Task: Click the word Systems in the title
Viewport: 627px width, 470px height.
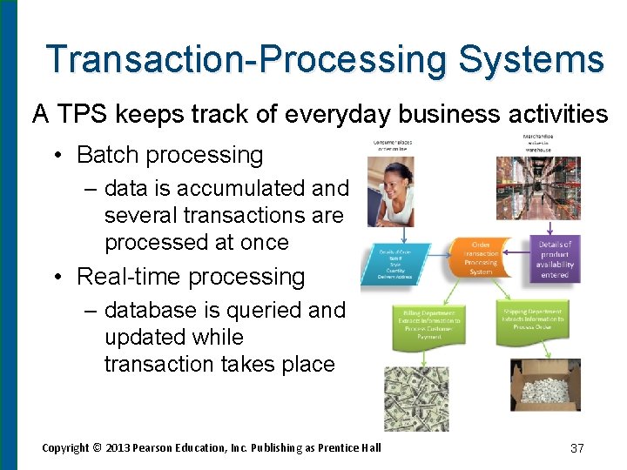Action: (x=530, y=59)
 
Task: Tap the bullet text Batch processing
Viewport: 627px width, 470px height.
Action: (x=170, y=155)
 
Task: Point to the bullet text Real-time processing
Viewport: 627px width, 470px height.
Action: (x=191, y=277)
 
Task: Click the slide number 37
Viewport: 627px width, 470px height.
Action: (x=576, y=448)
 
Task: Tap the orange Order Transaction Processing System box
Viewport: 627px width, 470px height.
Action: (x=481, y=257)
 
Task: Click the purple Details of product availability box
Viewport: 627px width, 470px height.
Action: (x=555, y=259)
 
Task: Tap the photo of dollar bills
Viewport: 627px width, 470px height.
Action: (x=416, y=397)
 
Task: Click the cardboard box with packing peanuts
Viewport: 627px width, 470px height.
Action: (x=544, y=385)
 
